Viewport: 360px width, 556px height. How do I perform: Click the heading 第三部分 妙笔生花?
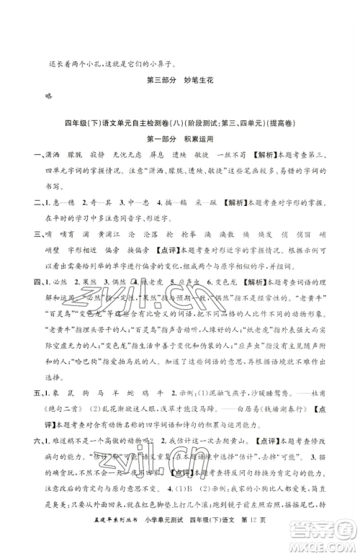pos(180,80)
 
